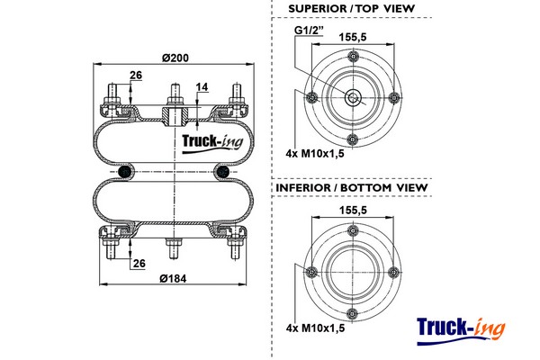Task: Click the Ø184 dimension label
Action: tap(173, 278)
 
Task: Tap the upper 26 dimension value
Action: tap(135, 76)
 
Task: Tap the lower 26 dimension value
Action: tap(139, 263)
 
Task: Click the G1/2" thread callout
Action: tap(309, 33)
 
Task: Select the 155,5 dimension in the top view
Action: tap(352, 38)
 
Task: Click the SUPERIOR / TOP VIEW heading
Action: tap(352, 9)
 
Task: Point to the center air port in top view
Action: tap(353, 98)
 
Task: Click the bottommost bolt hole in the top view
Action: tap(353, 139)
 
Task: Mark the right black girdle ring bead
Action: tap(221, 170)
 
